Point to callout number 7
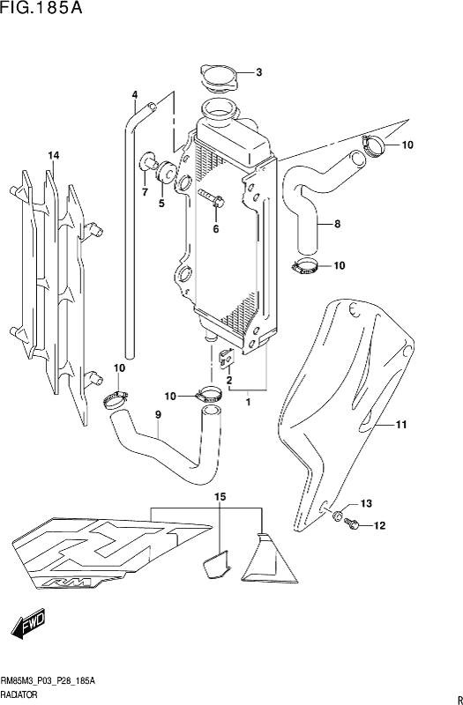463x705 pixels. [x=144, y=190]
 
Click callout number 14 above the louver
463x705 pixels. [x=53, y=156]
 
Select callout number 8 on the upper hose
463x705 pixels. [x=336, y=224]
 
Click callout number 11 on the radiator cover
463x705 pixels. [x=400, y=426]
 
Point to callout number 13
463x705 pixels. [x=366, y=503]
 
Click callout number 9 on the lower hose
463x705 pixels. [x=158, y=415]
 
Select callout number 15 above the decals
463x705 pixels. [x=220, y=498]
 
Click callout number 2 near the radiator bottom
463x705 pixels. [x=229, y=381]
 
